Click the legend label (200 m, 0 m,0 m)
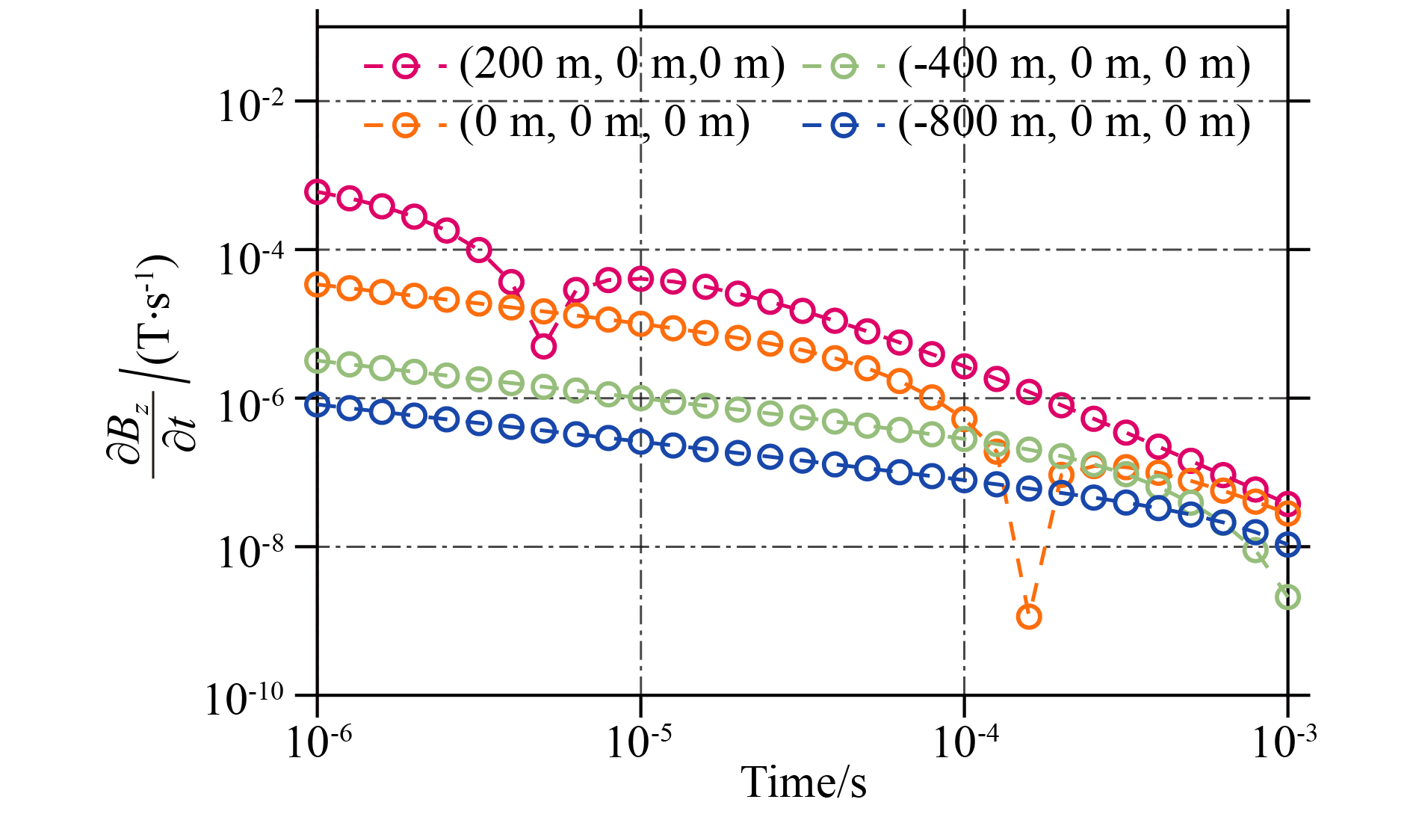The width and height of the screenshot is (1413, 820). click(x=622, y=65)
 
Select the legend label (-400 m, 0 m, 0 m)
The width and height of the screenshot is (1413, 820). click(x=1075, y=65)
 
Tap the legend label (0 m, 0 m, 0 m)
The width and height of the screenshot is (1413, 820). click(x=604, y=123)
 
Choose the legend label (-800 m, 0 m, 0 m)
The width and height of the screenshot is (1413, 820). click(x=1075, y=123)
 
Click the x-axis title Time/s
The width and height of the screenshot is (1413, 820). click(x=803, y=783)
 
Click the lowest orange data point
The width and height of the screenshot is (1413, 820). click(x=1029, y=617)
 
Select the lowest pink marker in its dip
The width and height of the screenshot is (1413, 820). click(x=543, y=346)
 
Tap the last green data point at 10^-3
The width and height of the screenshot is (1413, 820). click(x=1287, y=597)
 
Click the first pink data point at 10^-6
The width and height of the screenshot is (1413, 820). click(x=318, y=192)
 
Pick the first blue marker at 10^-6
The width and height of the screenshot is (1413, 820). click(x=318, y=404)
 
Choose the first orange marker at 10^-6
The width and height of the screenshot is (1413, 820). click(x=318, y=284)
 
